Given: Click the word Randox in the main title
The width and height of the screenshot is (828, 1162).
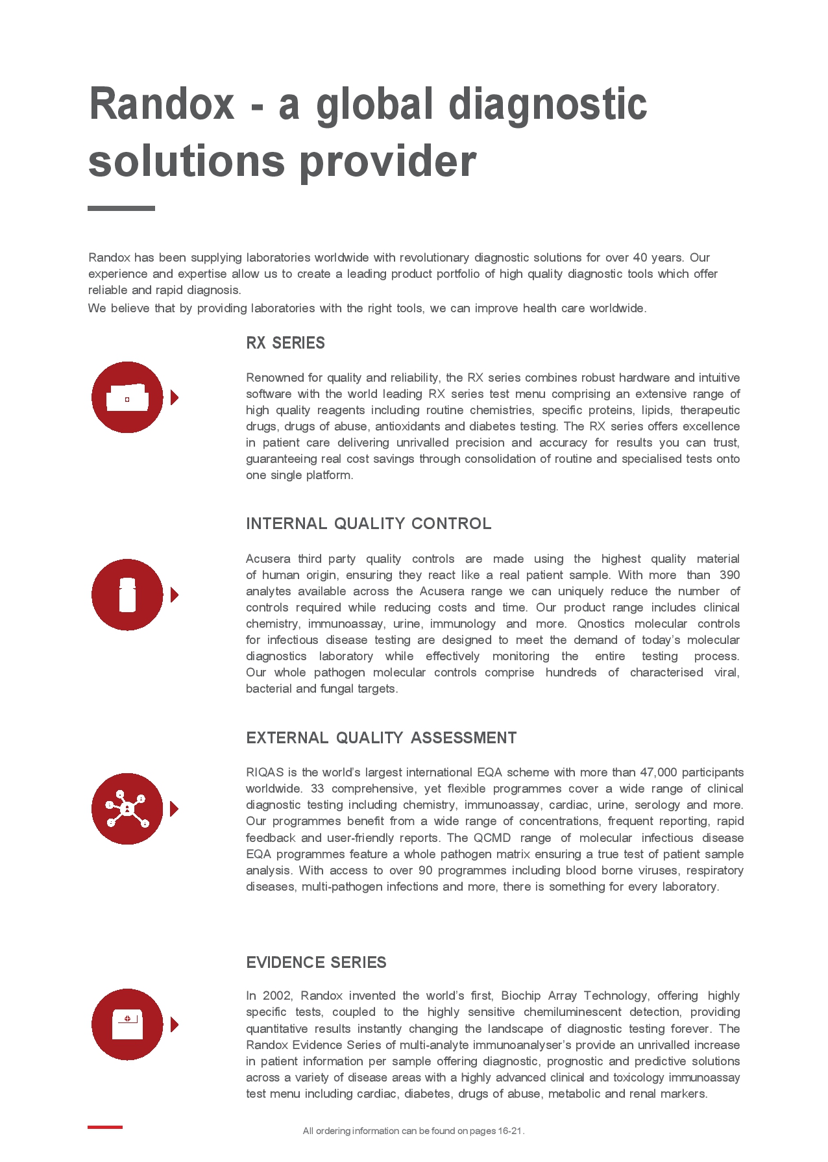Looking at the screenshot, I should [161, 104].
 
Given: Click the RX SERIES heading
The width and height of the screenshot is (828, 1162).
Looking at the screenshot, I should [286, 343].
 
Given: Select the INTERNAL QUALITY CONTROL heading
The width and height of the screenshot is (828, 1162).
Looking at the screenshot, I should [369, 524].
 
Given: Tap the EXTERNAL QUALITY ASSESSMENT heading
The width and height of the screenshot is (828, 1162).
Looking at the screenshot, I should [381, 738].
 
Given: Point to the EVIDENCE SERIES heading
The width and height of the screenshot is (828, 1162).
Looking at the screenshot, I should [316, 963].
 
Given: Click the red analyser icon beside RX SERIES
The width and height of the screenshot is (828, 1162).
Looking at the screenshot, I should [127, 397].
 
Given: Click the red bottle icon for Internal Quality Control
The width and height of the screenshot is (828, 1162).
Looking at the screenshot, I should [127, 595].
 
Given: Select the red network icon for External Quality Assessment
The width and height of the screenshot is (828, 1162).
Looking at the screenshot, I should [127, 809].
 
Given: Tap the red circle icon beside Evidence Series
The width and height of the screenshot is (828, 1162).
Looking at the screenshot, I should [127, 1024].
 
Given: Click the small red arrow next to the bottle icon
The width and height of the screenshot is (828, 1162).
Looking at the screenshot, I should [174, 595].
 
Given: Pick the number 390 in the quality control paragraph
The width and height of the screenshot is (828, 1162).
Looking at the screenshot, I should [729, 575].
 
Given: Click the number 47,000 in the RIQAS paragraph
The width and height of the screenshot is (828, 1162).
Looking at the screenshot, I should [658, 773].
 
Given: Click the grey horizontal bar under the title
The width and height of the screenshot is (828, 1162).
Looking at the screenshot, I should [121, 208].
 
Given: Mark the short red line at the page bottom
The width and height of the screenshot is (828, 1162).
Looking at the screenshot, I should [105, 1127].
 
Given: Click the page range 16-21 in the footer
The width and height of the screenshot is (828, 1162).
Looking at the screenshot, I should [510, 1131].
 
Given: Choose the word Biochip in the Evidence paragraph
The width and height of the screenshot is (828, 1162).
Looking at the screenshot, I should [522, 996].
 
